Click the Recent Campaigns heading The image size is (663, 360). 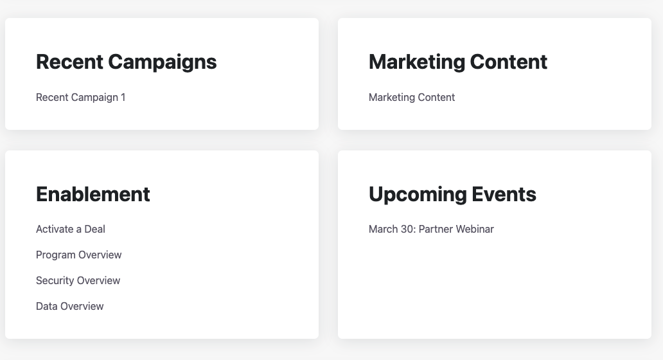pyautogui.click(x=126, y=62)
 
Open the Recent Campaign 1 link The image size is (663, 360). pyautogui.click(x=81, y=97)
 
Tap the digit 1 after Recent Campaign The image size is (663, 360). pyautogui.click(x=123, y=97)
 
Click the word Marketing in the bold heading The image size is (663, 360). pyautogui.click(x=416, y=62)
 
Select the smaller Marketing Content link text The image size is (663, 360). pyautogui.click(x=412, y=97)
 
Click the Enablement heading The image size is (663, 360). pyautogui.click(x=93, y=195)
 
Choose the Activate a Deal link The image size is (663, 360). pyautogui.click(x=71, y=230)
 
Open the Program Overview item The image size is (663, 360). pyautogui.click(x=78, y=255)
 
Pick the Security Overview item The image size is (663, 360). pyautogui.click(x=78, y=280)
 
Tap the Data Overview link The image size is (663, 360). pyautogui.click(x=70, y=306)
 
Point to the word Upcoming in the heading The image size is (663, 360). pyautogui.click(x=417, y=195)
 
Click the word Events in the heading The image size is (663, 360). pyautogui.click(x=504, y=195)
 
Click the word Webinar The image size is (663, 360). pyautogui.click(x=475, y=230)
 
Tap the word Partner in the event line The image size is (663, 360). pyautogui.click(x=436, y=230)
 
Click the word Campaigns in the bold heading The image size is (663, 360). pyautogui.click(x=163, y=62)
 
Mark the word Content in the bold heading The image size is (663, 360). pyautogui.click(x=509, y=62)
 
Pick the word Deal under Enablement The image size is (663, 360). pyautogui.click(x=94, y=230)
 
